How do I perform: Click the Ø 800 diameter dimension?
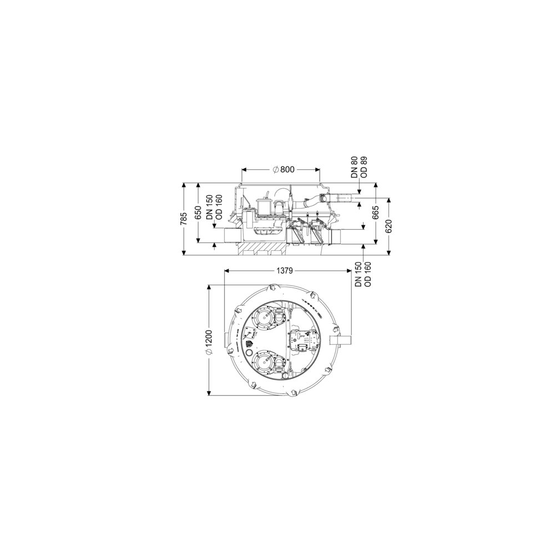pos(283,169)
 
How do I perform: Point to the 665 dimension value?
pos(376,213)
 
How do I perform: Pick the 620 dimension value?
pos(389,225)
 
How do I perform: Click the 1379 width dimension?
pos(284,271)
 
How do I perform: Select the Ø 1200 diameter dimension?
pos(209,342)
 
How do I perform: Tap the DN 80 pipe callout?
pos(354,167)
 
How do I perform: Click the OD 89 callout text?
pos(364,167)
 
